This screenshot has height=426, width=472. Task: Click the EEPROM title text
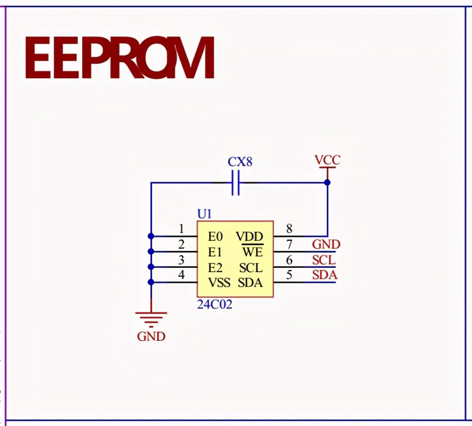pyautogui.click(x=119, y=57)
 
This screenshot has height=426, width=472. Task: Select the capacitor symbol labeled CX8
pyautogui.click(x=236, y=183)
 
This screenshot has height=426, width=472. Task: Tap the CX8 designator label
pyautogui.click(x=240, y=162)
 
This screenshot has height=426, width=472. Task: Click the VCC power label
pyautogui.click(x=327, y=160)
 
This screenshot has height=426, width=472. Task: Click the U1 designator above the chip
pyautogui.click(x=205, y=214)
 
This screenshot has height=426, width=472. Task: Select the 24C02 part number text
pyautogui.click(x=215, y=305)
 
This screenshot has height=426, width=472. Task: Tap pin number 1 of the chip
pyautogui.click(x=181, y=229)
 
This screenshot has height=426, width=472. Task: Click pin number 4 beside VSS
pyautogui.click(x=181, y=275)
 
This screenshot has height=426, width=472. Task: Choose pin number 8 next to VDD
pyautogui.click(x=289, y=229)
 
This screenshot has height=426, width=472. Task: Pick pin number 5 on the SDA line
pyautogui.click(x=289, y=275)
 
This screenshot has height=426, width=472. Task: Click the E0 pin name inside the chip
pyautogui.click(x=215, y=237)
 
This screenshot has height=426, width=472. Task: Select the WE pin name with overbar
pyautogui.click(x=252, y=252)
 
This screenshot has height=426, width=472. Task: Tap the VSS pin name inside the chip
pyautogui.click(x=219, y=283)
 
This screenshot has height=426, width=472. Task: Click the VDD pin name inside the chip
pyautogui.click(x=250, y=237)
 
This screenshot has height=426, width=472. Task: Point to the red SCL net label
pyautogui.click(x=324, y=260)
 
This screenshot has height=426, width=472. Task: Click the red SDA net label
pyautogui.click(x=325, y=276)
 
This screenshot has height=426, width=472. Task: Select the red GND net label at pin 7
pyautogui.click(x=326, y=245)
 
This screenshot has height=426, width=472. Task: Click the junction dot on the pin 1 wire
pyautogui.click(x=151, y=236)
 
